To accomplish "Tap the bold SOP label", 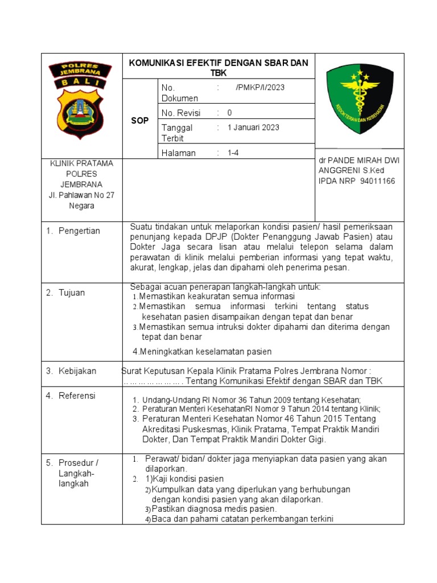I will (139, 121).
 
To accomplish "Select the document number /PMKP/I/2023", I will (259, 88).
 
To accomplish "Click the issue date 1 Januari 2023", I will (253, 128).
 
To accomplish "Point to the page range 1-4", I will (233, 153).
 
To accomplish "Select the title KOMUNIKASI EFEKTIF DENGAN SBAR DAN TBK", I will (218, 68).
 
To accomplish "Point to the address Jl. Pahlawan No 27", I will (81, 195).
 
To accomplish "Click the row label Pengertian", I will (79, 231).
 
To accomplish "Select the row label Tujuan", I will (72, 293).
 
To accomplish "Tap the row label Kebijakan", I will (77, 371).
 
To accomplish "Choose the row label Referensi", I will (77, 396).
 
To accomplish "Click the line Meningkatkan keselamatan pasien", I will (202, 351).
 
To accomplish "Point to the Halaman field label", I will (179, 153).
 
